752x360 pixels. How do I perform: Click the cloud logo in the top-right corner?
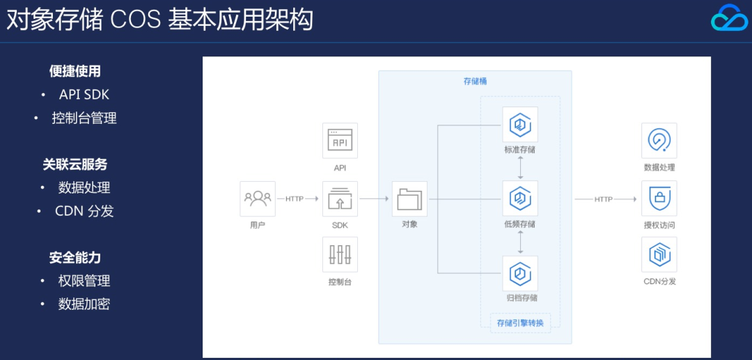pos(729,18)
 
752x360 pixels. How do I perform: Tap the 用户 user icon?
pos(258,199)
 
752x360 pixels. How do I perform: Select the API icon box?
pos(340,141)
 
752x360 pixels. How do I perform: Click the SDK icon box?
pos(340,199)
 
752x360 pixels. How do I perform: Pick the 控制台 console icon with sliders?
pos(340,255)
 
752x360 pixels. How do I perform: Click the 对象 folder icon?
pos(409,199)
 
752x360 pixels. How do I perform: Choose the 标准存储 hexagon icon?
pos(520,125)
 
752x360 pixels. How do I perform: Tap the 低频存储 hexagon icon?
pos(520,199)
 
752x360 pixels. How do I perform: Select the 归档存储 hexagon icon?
pos(520,273)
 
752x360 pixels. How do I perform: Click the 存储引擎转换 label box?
pos(520,322)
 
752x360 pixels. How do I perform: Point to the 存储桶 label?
pos(475,81)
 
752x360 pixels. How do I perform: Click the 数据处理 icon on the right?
pos(659,141)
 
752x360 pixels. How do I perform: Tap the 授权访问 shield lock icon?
pos(659,199)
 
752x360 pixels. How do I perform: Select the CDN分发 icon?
pos(659,255)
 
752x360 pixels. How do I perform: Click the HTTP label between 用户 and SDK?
pos(295,199)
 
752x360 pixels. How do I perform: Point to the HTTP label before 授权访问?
pos(604,200)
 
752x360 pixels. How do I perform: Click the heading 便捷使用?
pos(75,71)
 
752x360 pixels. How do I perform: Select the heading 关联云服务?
pos(75,164)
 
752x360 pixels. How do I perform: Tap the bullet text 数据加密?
pos(84,304)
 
